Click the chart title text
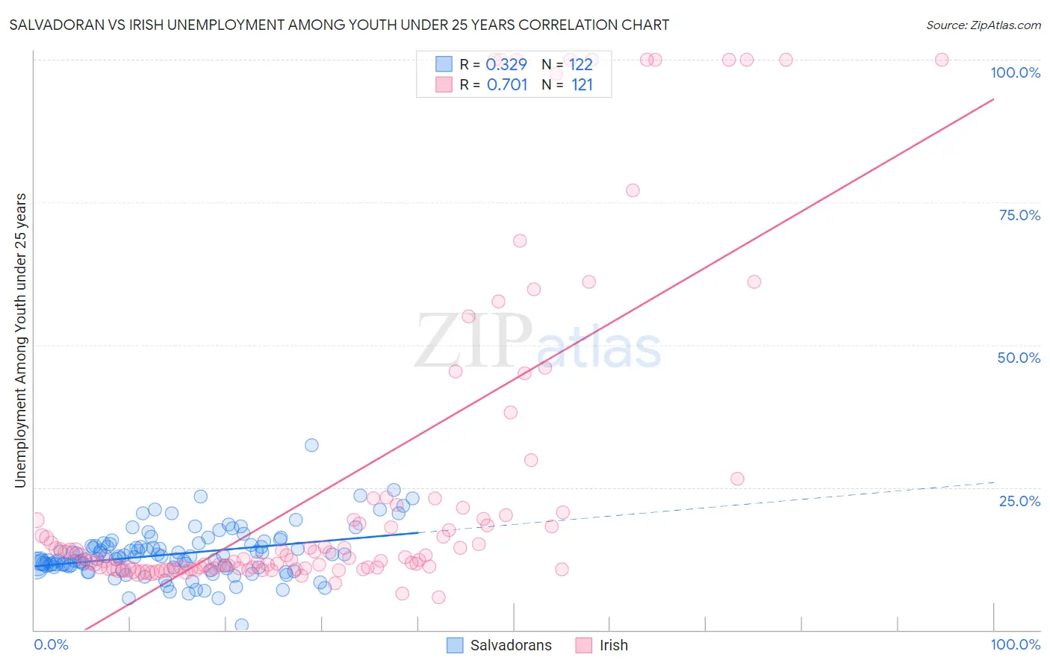point(339,25)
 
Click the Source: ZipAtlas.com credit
point(983,25)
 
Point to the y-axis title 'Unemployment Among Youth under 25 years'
point(20,340)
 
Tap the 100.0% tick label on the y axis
point(1015,72)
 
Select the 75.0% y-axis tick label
point(1019,215)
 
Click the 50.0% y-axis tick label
point(1018,358)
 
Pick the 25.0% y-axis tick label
point(1019,501)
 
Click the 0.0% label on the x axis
point(51,644)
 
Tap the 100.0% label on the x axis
point(1015,644)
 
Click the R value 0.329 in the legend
point(506,64)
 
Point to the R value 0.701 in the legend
point(506,84)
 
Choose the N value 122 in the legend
point(580,64)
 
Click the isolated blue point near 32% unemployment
point(311,445)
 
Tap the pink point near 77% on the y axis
point(633,190)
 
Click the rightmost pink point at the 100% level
point(942,60)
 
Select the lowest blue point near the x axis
point(241,625)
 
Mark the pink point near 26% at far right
point(737,479)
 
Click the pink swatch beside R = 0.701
point(444,84)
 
